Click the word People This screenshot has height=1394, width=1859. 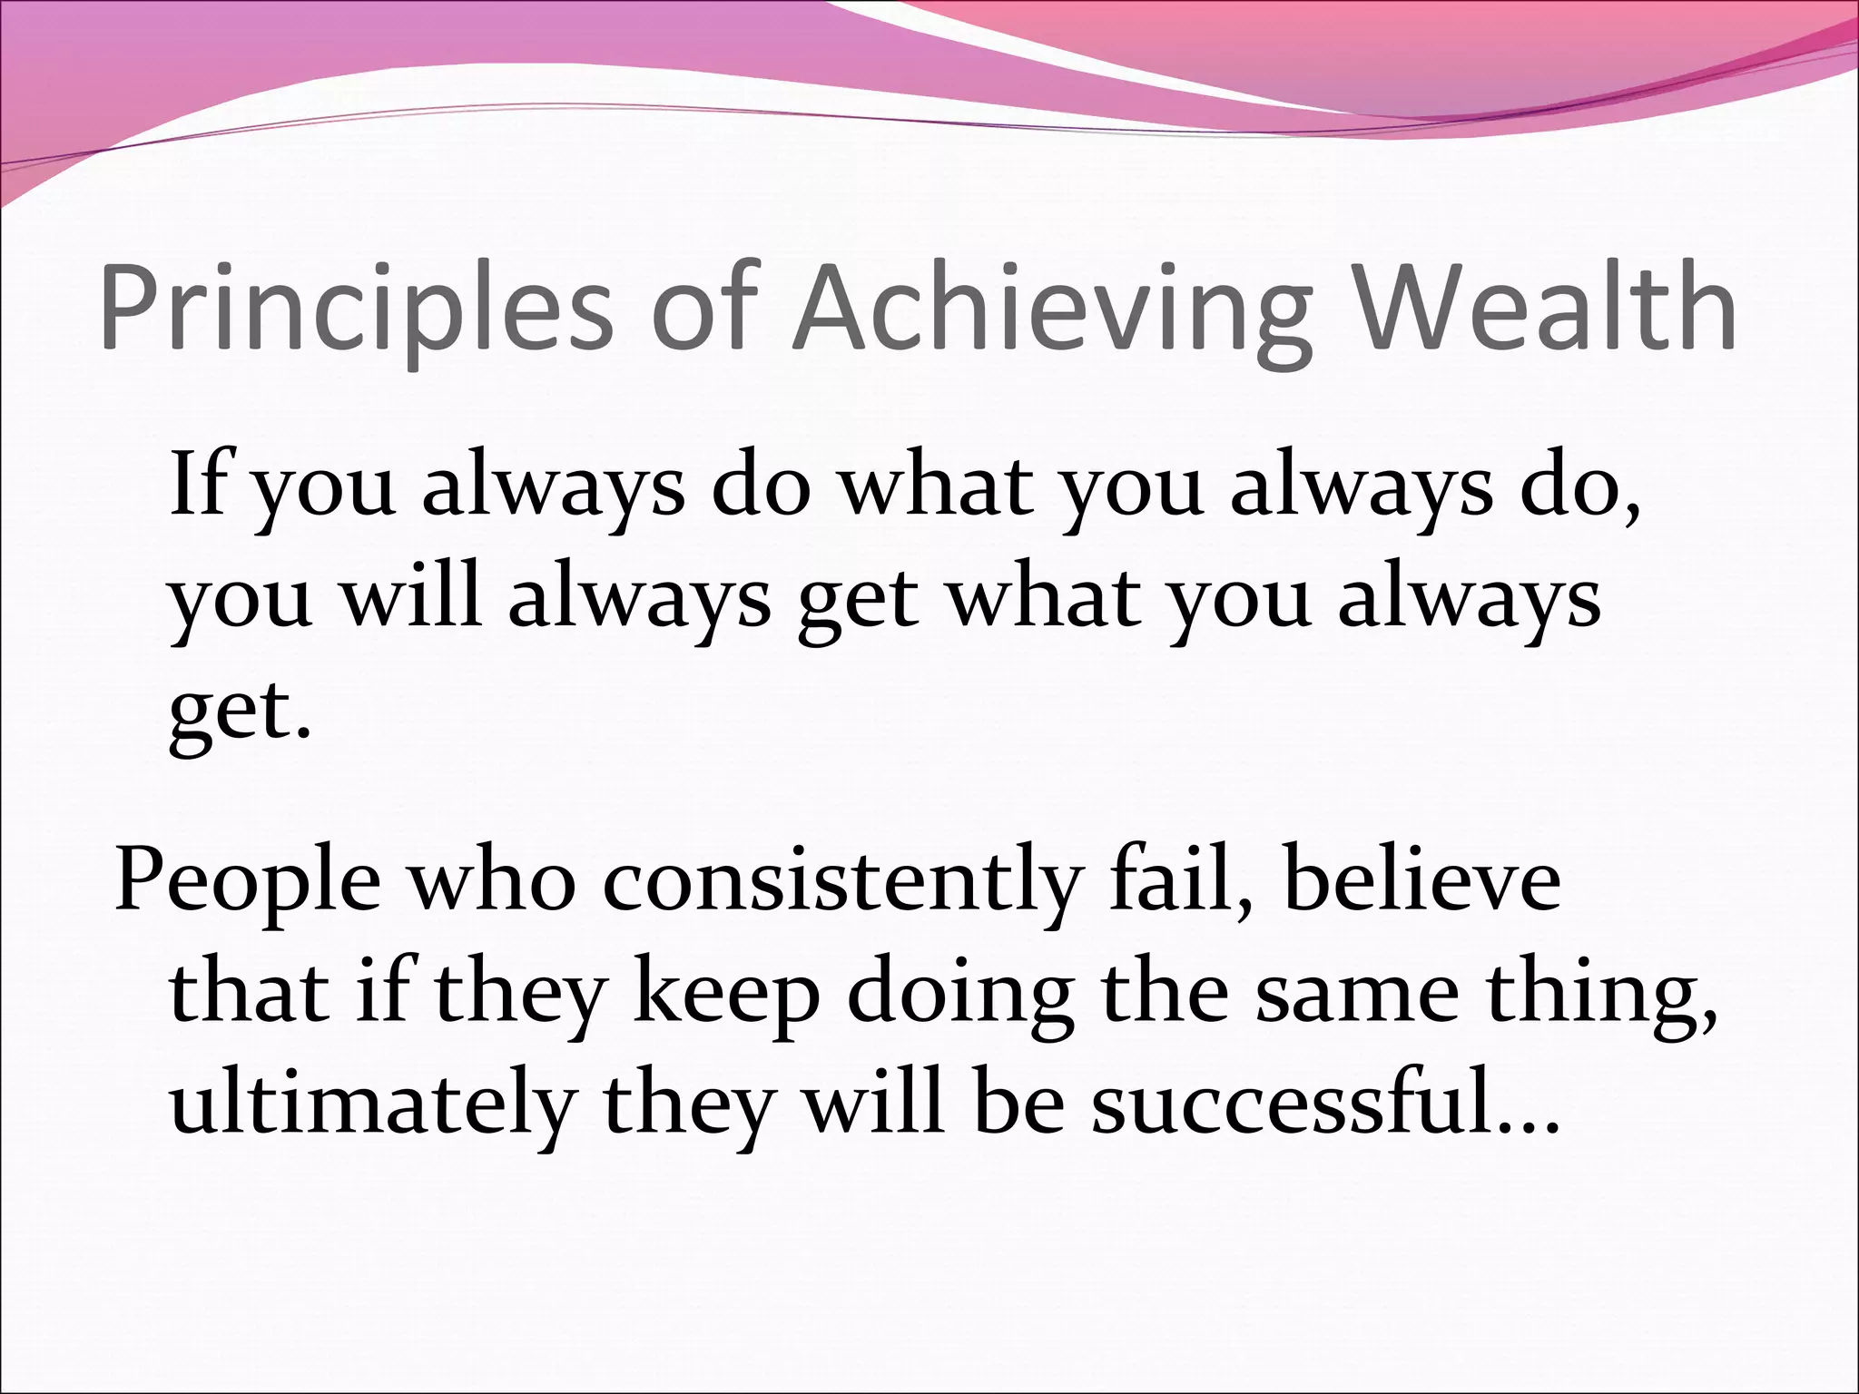point(247,882)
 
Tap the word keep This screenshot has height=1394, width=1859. point(725,994)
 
